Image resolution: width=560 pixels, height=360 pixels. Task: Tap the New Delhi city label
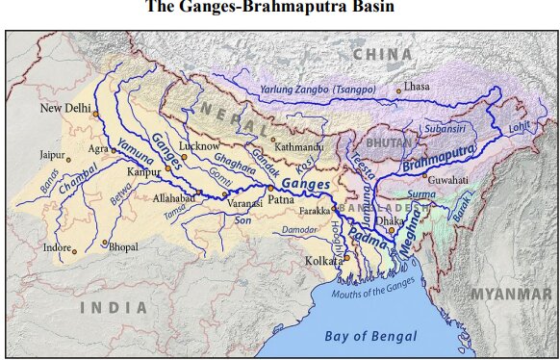pos(64,109)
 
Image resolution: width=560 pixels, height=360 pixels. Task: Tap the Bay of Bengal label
pos(369,336)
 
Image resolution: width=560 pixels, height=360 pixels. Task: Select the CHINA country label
pos(381,54)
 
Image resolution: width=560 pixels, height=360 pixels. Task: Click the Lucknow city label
pos(200,144)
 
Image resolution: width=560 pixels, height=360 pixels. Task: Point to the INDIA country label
pos(114,308)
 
